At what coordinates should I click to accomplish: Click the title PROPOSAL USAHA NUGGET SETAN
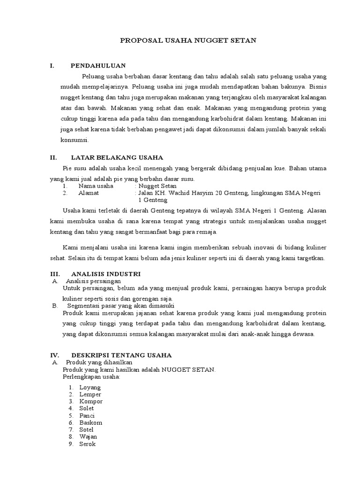[188, 41]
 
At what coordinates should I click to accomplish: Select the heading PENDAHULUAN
[98, 66]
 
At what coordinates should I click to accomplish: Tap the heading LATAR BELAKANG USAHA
[117, 157]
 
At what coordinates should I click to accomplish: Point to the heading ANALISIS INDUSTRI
[105, 274]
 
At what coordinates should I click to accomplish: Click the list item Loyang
[90, 387]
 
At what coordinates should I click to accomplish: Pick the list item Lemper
[90, 394]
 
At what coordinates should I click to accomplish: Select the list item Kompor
[91, 401]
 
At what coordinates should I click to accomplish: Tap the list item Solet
[87, 408]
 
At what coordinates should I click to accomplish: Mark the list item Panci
[87, 415]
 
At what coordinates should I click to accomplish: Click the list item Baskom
[91, 422]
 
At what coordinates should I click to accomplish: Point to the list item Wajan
[88, 436]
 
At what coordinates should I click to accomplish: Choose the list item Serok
[87, 443]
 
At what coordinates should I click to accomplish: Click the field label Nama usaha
[96, 186]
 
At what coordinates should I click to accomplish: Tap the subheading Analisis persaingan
[93, 281]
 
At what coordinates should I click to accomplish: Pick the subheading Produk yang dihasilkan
[99, 362]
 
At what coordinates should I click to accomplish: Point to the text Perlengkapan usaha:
[91, 376]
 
